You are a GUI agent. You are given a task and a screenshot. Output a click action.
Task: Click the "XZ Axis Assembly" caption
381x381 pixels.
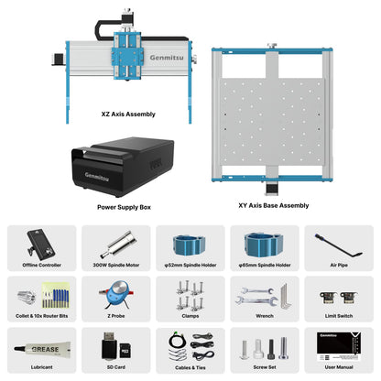(127, 114)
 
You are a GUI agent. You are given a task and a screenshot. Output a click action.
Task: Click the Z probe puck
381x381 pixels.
(115, 296)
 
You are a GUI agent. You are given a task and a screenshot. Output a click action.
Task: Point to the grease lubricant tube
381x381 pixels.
(40, 351)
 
